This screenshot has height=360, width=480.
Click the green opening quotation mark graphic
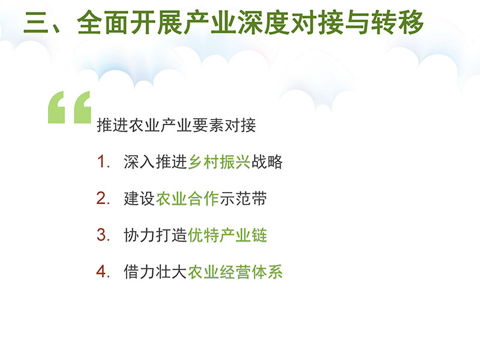[70, 107]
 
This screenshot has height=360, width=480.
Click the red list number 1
[103, 161]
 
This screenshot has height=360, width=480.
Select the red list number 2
[103, 199]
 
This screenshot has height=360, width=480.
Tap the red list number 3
[103, 235]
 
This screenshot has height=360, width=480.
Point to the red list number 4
[103, 272]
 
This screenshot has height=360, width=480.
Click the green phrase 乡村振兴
[219, 161]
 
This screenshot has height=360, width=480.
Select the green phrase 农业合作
[187, 199]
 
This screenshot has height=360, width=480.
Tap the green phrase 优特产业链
[227, 235]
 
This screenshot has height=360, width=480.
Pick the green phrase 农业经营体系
[235, 272]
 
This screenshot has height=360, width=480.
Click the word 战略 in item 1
[266, 161]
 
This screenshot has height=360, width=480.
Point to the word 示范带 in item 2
[243, 199]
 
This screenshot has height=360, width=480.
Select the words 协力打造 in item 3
[155, 235]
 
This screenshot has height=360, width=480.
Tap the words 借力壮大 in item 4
[155, 272]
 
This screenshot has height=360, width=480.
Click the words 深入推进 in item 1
[155, 161]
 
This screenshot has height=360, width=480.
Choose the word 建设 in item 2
[140, 199]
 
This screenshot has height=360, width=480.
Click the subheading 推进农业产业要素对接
[176, 125]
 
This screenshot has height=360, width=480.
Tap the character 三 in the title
[36, 23]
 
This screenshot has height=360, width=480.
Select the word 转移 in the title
[397, 22]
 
